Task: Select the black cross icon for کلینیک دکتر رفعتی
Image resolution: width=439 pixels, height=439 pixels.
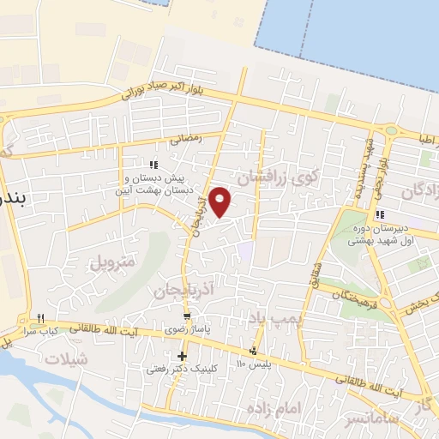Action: [182, 356]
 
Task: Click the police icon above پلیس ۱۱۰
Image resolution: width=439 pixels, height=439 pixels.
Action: [253, 351]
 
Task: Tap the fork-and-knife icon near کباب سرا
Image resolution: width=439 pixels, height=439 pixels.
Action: [40, 319]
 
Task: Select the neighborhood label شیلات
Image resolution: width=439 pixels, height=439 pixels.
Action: [69, 359]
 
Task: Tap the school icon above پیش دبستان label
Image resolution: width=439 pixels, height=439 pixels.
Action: [153, 165]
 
